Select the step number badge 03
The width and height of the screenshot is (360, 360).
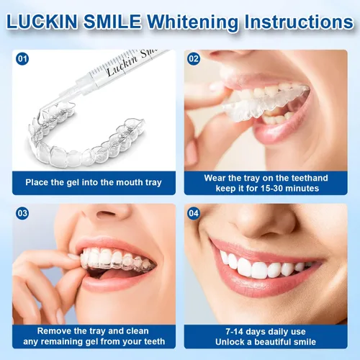tap(22, 213)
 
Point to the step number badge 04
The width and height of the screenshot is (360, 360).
tap(194, 213)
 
